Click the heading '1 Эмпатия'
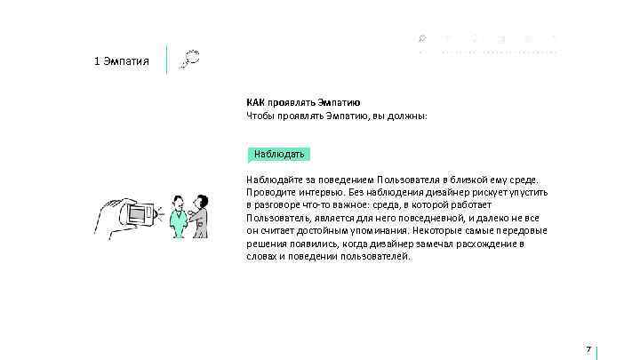(121, 61)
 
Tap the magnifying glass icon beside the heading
(188, 60)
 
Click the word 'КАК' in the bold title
(256, 102)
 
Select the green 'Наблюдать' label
(279, 154)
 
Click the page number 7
(588, 349)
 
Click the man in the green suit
(179, 217)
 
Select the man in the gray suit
(201, 215)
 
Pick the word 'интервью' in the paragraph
(316, 192)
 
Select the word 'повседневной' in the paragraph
(431, 218)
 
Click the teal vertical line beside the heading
(167, 60)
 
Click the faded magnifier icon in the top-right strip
(421, 38)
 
